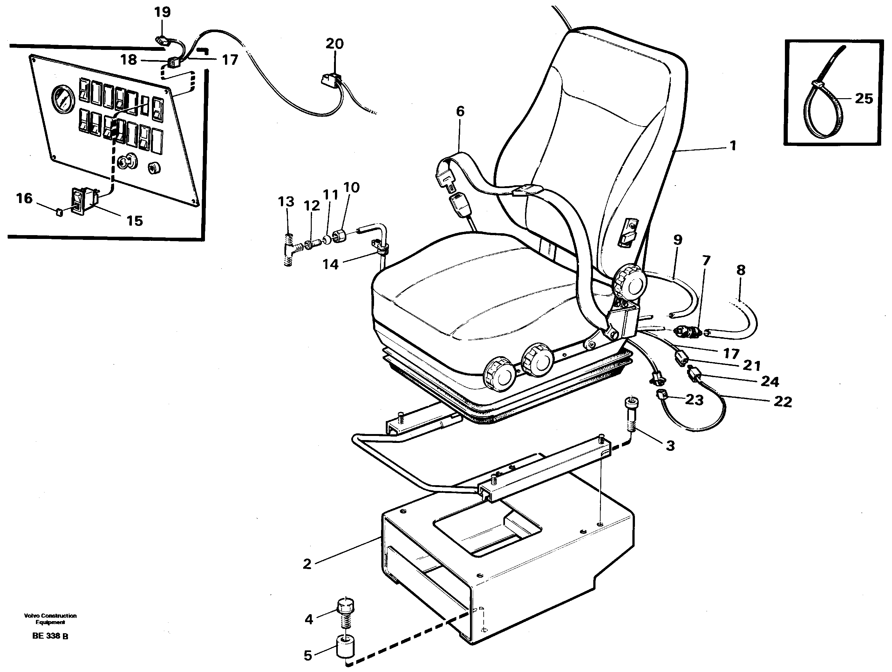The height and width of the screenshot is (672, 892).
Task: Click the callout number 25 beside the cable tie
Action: coord(864,98)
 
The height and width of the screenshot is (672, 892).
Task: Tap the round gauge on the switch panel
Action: coord(64,99)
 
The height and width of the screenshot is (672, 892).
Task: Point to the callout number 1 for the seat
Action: coord(733,145)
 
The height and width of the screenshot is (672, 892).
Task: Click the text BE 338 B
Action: coord(50,636)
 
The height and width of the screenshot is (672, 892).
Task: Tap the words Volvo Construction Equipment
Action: coord(50,619)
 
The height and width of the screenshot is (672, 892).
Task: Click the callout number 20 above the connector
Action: coord(334,44)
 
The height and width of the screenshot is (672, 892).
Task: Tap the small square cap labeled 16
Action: coord(58,213)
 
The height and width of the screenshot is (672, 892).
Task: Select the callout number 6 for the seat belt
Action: coord(460,111)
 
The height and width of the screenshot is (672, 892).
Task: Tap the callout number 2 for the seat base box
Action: coord(307,564)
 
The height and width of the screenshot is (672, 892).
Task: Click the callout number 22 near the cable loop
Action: coord(783,402)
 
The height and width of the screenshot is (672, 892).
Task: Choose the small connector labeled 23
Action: coord(662,396)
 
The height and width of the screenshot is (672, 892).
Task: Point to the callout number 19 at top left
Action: coord(162,12)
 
